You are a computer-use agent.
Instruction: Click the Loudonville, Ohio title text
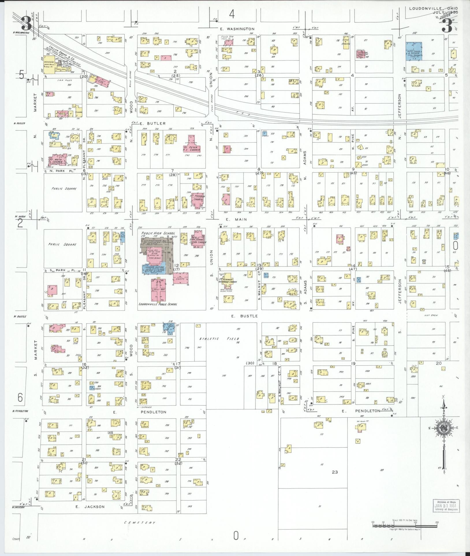(x=433, y=8)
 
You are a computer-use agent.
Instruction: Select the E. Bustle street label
(x=244, y=316)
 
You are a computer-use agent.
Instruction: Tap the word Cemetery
(x=140, y=523)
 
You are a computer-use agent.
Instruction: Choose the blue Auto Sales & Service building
(x=413, y=51)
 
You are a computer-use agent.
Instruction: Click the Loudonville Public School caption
(x=158, y=304)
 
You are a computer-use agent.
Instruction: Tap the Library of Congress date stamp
(x=445, y=506)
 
